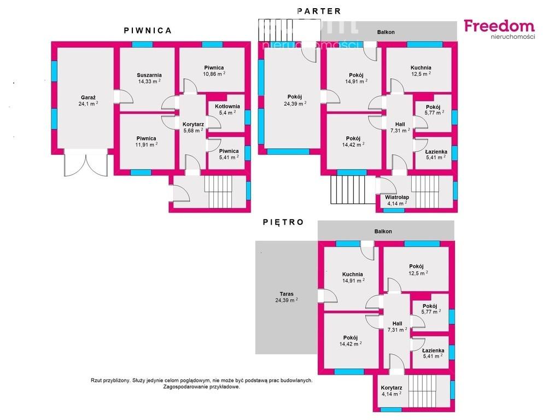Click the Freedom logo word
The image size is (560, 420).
pyautogui.click(x=499, y=26)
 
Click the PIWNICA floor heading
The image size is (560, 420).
pyautogui.click(x=148, y=31)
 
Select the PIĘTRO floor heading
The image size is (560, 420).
pyautogui.click(x=283, y=222)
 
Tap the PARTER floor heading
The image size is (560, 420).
pyautogui.click(x=319, y=11)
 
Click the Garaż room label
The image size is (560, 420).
pyautogui.click(x=88, y=97)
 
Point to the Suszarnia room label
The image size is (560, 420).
pyautogui.click(x=149, y=75)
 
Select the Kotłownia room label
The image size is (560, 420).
pyautogui.click(x=227, y=107)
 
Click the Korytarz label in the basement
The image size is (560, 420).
pyautogui.click(x=193, y=124)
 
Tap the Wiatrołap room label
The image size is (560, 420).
pyautogui.click(x=397, y=197)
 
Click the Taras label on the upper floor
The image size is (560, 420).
pyautogui.click(x=287, y=294)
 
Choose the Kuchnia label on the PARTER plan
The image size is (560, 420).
pyautogui.click(x=421, y=67)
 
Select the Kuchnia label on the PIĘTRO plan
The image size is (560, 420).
pyautogui.click(x=353, y=275)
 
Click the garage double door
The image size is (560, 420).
pyautogui.click(x=86, y=162)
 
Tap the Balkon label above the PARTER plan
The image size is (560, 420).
pyautogui.click(x=386, y=32)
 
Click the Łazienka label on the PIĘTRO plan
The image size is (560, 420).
pyautogui.click(x=433, y=351)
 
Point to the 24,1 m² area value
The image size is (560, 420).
pyautogui.click(x=88, y=104)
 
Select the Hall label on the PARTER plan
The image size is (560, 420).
pyautogui.click(x=400, y=124)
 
